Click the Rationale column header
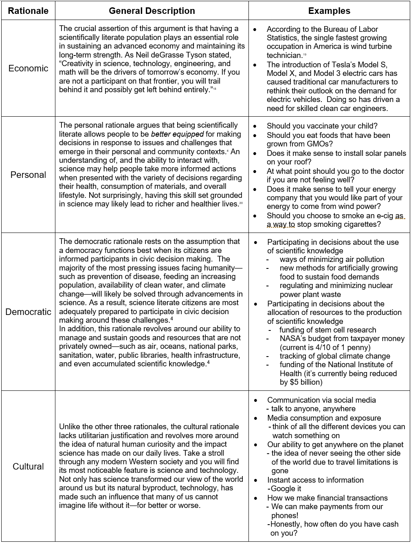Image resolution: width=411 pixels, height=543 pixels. coord(28,11)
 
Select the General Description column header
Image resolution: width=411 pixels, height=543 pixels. coord(152,11)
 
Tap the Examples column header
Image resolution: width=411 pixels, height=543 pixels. coord(329,11)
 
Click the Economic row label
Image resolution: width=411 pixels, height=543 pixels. coord(28,68)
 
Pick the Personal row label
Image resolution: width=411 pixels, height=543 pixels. coord(28,175)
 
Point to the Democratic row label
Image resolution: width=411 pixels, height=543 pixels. coord(28,312)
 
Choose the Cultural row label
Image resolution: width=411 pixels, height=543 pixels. coord(28,466)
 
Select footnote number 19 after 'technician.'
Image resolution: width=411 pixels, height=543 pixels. coord(304,55)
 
